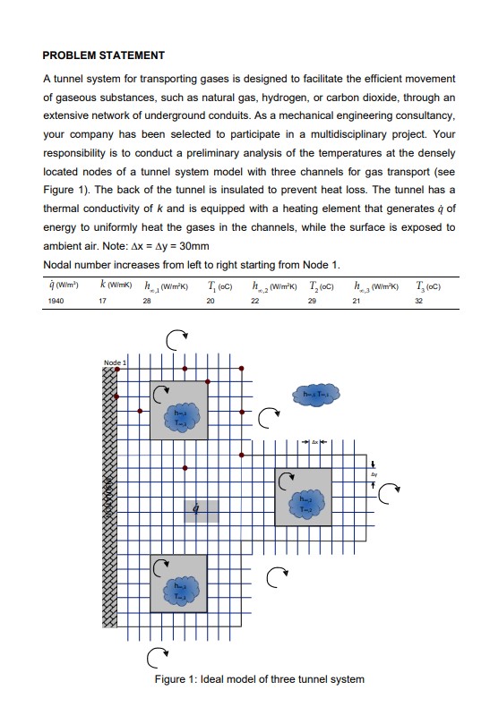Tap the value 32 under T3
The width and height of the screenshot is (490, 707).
tap(417, 302)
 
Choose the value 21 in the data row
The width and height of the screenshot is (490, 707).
tap(356, 302)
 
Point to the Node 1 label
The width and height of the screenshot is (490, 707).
tap(116, 362)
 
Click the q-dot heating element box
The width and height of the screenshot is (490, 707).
tap(201, 510)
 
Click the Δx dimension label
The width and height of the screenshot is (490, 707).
tap(315, 442)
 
